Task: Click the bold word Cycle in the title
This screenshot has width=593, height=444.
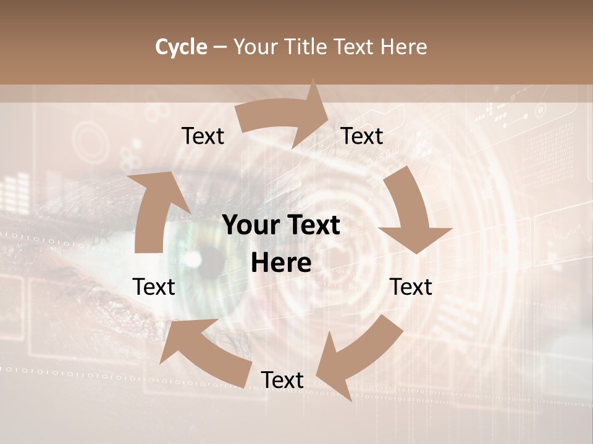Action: [x=181, y=47]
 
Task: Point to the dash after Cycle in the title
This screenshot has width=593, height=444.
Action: [x=220, y=47]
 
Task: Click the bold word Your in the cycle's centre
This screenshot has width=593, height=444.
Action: [x=252, y=226]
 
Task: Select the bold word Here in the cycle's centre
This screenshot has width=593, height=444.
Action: [x=281, y=263]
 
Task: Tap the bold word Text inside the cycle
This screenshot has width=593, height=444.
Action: [x=313, y=226]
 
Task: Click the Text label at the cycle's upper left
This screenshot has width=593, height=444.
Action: [x=203, y=136]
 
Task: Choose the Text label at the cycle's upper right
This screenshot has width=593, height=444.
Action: [x=362, y=136]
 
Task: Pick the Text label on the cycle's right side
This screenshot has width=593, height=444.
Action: [x=411, y=287]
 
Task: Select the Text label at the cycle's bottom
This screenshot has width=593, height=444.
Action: [x=282, y=380]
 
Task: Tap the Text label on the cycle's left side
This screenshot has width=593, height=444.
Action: [x=154, y=287]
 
